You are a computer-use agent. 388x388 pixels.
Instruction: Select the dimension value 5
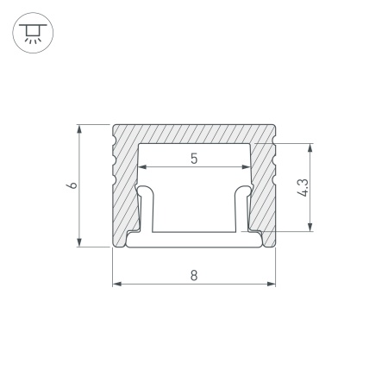[194, 158]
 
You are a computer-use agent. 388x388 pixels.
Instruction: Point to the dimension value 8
[194, 276]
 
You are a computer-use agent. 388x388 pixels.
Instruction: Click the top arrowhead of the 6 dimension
[81, 128]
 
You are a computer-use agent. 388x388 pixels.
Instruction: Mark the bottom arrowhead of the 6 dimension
[81, 244]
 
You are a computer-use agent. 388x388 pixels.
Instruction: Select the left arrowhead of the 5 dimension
[141, 166]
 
